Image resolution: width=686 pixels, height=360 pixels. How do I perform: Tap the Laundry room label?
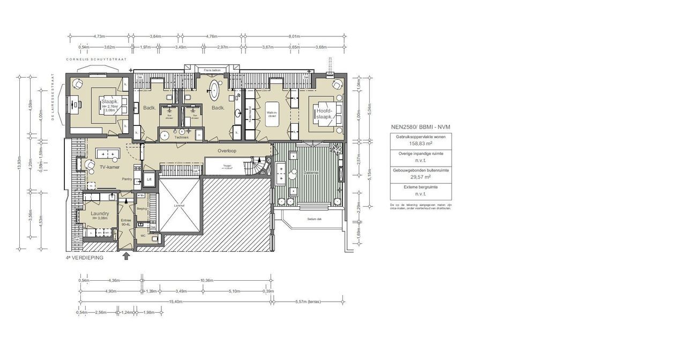point(100,214)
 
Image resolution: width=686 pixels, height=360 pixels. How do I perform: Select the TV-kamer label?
point(109,168)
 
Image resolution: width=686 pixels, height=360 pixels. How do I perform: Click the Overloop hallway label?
point(227,151)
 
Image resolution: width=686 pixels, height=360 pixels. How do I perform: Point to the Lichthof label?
point(179,205)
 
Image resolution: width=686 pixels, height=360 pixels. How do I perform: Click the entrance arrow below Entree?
point(126,256)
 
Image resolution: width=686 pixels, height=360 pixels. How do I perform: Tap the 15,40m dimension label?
point(176,302)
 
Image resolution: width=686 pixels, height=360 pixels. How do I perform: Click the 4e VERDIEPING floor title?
point(84,258)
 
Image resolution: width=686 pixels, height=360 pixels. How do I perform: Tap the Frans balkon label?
point(212,70)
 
